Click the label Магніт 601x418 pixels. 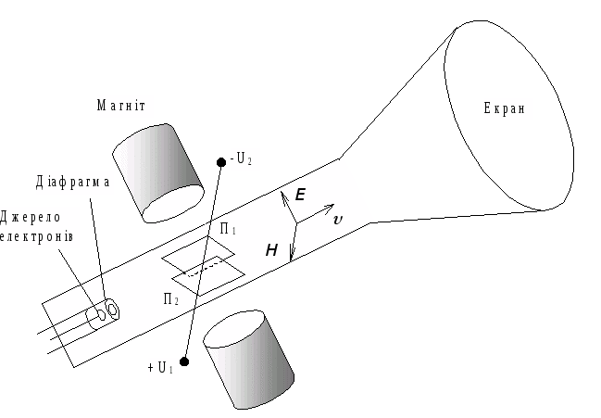[x=125, y=106]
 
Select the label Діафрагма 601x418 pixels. [x=74, y=182]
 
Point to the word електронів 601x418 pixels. [x=38, y=238]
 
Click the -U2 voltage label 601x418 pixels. [x=243, y=159]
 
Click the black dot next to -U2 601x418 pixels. [x=220, y=163]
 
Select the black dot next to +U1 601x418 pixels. [x=184, y=361]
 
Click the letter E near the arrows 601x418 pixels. [x=300, y=196]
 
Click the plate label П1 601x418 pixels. [x=227, y=228]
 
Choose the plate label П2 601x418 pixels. [x=170, y=298]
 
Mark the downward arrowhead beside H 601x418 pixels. [x=291, y=256]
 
